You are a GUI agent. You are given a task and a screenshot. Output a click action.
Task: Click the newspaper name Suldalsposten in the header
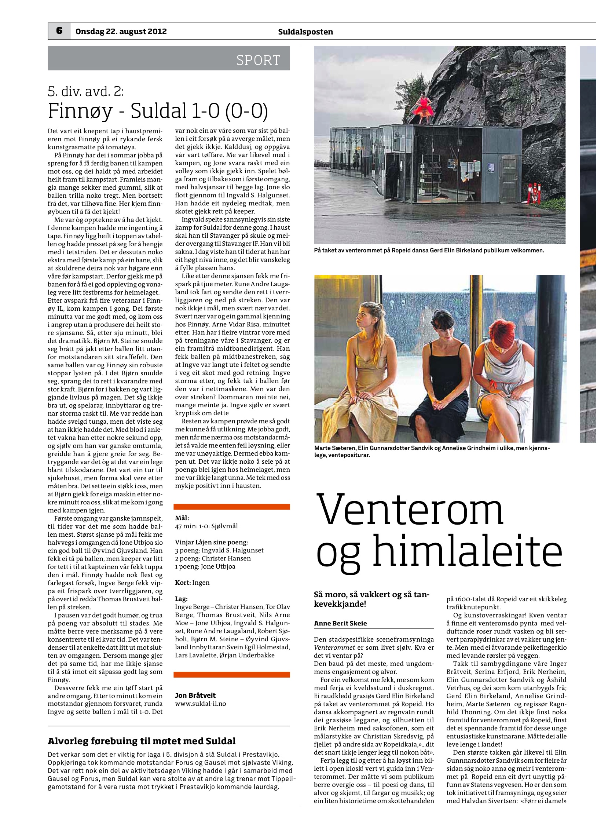305,32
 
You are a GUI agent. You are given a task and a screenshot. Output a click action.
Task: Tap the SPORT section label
258,60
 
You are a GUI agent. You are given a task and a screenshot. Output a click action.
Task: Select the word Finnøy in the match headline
80,111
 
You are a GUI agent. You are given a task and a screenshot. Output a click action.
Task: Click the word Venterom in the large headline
410,510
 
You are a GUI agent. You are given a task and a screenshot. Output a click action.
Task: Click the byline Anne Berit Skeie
340,623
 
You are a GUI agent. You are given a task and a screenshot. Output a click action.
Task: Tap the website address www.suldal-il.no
200,704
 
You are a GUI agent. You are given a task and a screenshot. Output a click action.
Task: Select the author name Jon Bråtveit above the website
195,696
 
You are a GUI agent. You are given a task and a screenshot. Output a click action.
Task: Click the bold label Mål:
182,518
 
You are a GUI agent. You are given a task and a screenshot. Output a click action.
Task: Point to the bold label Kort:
183,583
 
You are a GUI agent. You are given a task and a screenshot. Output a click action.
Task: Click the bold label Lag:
181,599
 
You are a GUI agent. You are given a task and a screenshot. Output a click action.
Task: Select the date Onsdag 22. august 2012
121,32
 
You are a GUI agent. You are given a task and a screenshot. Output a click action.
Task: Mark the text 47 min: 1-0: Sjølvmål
206,526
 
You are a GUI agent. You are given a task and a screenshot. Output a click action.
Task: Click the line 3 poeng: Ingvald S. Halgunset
219,550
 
